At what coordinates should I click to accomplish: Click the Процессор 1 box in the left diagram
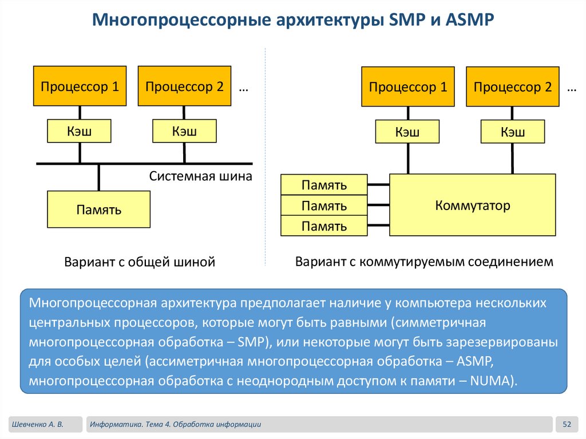(80, 86)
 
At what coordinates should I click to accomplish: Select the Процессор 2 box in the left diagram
(184, 86)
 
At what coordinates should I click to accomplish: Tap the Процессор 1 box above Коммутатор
(408, 87)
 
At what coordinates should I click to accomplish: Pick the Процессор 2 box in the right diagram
(513, 87)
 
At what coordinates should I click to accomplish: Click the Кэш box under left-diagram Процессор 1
(79, 131)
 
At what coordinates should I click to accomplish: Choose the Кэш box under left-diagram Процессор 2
(184, 131)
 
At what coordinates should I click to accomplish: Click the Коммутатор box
(473, 205)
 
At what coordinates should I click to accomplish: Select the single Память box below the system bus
(99, 209)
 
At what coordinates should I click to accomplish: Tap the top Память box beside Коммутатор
(324, 185)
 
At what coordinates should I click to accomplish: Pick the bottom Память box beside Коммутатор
(324, 226)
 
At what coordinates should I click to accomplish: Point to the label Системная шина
(200, 176)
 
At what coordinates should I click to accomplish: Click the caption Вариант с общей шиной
(140, 262)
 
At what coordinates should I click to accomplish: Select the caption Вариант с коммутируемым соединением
(424, 262)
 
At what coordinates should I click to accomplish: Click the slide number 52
(567, 424)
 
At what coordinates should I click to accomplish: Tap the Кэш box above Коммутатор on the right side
(513, 132)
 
